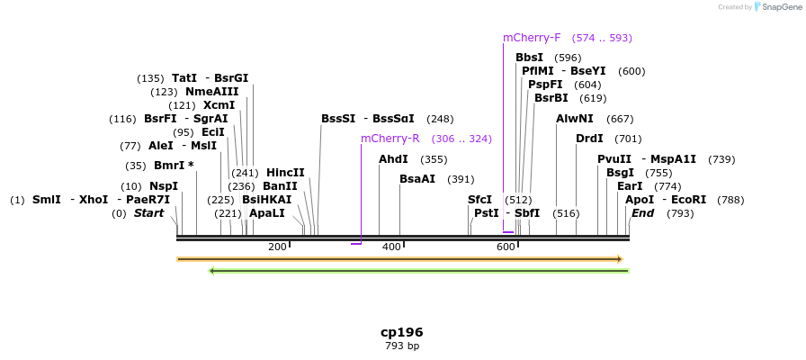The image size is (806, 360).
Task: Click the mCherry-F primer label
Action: coord(532,38)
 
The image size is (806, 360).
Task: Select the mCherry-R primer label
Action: coord(390,139)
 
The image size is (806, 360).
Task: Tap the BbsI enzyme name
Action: coord(529,58)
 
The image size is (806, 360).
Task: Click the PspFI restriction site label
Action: coord(545,85)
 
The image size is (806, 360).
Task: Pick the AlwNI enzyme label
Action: coord(575,119)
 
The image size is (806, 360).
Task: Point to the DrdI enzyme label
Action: coord(589,139)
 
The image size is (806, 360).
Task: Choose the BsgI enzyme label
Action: coord(620,173)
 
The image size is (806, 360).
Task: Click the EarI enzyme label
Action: coord(630,186)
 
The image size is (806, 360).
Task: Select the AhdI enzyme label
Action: coord(393,159)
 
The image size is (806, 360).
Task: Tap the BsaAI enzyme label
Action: coord(417,179)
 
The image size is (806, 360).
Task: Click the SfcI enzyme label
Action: coord(479,200)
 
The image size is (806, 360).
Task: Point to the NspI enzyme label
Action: coord(164,186)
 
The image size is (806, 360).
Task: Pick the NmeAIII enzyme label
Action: coord(212,92)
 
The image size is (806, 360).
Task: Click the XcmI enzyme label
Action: coord(219,105)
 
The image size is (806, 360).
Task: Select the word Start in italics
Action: coord(149,213)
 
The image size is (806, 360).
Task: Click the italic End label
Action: coord(642,213)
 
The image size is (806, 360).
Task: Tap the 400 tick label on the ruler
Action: coord(391,247)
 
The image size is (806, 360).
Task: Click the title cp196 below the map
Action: coord(401,332)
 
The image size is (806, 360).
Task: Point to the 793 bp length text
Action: coord(401,346)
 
